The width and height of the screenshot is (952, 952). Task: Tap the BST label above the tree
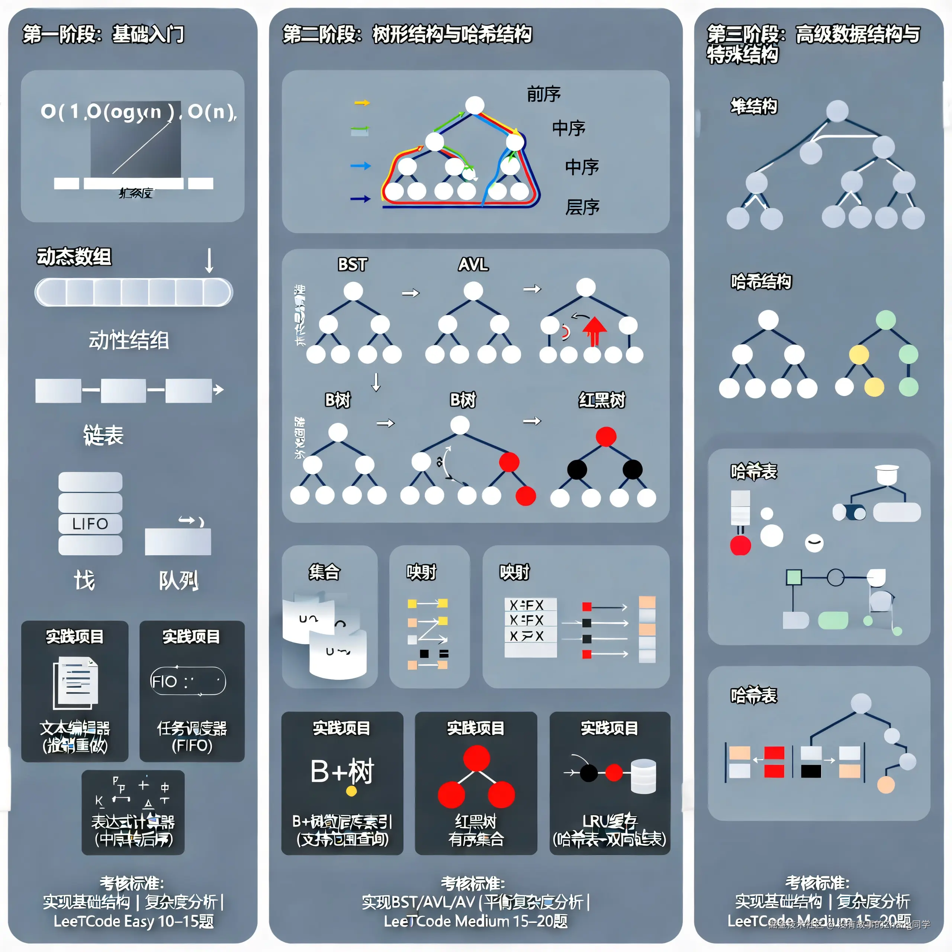[x=352, y=265]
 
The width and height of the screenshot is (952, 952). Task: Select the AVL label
[x=473, y=265]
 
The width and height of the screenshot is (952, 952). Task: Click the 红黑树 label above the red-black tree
[x=602, y=400]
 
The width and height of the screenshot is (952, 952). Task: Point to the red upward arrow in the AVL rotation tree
[x=594, y=331]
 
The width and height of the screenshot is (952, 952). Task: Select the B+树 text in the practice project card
[x=342, y=772]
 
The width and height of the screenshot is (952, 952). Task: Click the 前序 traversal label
[x=544, y=94]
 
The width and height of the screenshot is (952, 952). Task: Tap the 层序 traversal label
[x=582, y=207]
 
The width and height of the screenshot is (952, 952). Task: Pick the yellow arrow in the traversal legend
[x=362, y=103]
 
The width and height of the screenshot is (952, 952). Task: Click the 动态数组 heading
[x=74, y=256]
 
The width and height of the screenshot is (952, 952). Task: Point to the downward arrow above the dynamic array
[x=209, y=261]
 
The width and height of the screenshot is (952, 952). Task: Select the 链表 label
[x=103, y=435]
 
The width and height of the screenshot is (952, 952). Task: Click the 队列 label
[x=178, y=580]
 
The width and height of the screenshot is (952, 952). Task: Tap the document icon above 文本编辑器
[x=76, y=682]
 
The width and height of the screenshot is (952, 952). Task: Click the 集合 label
[x=324, y=572]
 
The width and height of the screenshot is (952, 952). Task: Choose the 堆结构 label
[x=753, y=106]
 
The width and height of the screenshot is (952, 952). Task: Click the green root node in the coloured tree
[x=885, y=320]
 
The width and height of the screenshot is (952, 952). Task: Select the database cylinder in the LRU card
[x=643, y=776]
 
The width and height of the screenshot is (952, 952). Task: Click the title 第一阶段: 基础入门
[x=103, y=35]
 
